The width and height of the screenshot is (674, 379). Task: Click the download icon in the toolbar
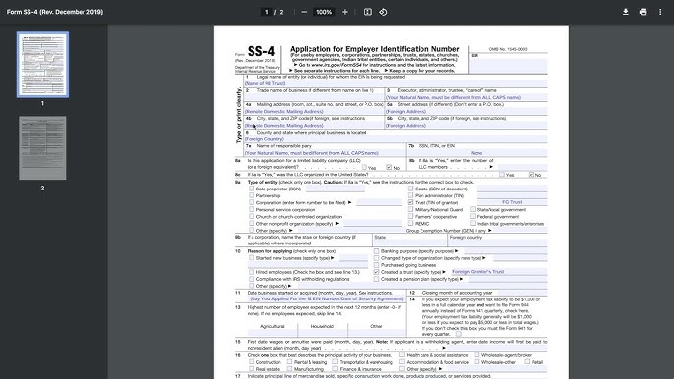(625, 12)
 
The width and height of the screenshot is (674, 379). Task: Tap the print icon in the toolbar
(643, 12)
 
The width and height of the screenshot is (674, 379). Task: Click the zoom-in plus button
(345, 12)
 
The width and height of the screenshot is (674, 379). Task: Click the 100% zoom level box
(324, 12)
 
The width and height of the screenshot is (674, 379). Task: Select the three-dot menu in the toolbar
(661, 12)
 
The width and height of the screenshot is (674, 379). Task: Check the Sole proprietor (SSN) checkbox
(251, 188)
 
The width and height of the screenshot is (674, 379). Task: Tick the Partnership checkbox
(251, 194)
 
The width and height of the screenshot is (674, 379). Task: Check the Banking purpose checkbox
(376, 250)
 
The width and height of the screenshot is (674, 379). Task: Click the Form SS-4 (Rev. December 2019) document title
(55, 12)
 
